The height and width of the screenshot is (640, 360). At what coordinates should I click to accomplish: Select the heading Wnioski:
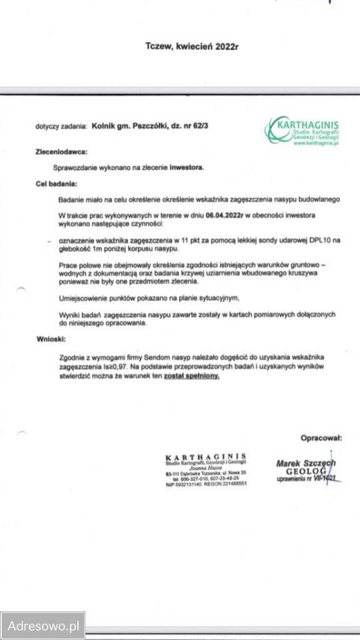pyautogui.click(x=51, y=339)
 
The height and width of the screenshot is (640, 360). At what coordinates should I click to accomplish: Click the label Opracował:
pyautogui.click(x=321, y=438)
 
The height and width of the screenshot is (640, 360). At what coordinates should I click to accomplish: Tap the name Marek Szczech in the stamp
pyautogui.click(x=305, y=463)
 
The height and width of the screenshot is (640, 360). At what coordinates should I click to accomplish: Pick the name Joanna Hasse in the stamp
pyautogui.click(x=205, y=468)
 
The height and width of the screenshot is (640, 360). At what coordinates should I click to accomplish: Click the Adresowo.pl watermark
pyautogui.click(x=43, y=626)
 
